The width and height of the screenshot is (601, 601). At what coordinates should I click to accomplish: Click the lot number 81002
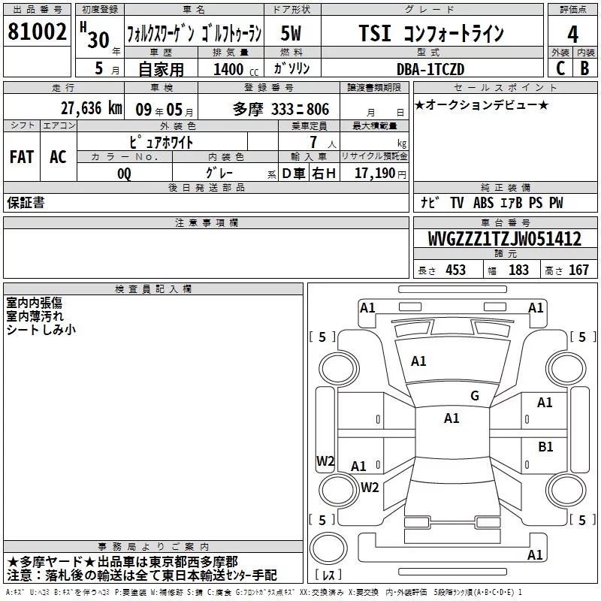click(37, 32)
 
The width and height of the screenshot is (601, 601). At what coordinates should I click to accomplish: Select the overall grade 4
click(572, 35)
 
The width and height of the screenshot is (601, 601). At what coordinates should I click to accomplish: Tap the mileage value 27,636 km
click(92, 108)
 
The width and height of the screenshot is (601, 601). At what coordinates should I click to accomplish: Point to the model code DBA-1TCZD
click(430, 69)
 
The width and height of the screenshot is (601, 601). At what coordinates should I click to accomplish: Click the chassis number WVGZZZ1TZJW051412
click(504, 239)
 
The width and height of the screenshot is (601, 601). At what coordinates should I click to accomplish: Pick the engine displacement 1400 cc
click(236, 69)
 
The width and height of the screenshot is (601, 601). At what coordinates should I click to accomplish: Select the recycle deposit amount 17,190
click(375, 173)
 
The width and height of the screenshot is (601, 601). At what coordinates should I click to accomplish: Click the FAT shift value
click(22, 157)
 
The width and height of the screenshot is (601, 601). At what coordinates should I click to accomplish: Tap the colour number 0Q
click(124, 174)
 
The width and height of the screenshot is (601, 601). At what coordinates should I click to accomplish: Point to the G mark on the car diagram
click(475, 395)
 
